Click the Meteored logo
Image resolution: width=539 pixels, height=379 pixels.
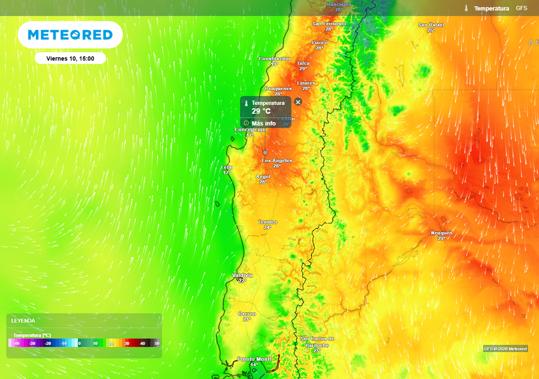click(x=70, y=35)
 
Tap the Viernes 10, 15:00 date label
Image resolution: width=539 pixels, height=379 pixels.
click(x=70, y=58)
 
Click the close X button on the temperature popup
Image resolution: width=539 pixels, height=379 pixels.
click(x=298, y=102)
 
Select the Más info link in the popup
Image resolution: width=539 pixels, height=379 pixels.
click(x=263, y=123)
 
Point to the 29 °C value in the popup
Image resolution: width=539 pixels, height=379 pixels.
click(x=261, y=111)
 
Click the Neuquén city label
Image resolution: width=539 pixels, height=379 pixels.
click(x=441, y=233)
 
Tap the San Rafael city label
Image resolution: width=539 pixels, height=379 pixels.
click(x=431, y=25)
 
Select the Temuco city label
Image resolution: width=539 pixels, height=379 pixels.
click(x=267, y=222)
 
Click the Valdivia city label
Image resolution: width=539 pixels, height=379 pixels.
click(x=243, y=275)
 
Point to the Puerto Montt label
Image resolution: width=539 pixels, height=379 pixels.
click(x=254, y=359)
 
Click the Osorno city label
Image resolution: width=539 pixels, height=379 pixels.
click(x=247, y=314)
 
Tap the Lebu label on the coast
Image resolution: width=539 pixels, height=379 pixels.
click(x=226, y=167)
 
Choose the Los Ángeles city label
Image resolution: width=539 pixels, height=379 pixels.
click(x=277, y=161)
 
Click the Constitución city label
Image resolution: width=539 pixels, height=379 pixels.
click(x=274, y=59)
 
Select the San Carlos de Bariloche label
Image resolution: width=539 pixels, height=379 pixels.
click(x=317, y=342)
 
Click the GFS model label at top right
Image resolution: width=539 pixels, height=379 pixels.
click(x=521, y=8)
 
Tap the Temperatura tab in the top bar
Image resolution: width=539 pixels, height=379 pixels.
click(x=491, y=8)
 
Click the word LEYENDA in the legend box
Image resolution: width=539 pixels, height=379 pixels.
click(x=23, y=320)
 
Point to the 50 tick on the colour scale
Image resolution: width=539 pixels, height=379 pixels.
click(x=157, y=344)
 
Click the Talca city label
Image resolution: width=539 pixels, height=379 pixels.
click(x=303, y=63)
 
